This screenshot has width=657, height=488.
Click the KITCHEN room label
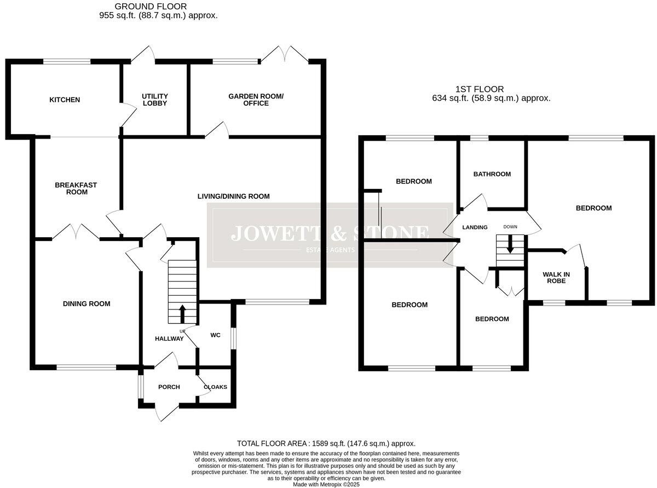click(65, 100)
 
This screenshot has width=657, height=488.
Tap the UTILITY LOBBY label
click(154, 100)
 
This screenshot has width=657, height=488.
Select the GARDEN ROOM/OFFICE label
click(256, 100)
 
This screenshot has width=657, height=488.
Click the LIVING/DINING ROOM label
click(234, 196)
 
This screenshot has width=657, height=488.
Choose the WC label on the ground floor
click(215, 335)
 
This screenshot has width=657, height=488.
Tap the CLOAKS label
click(215, 387)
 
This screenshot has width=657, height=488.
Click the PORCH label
click(169, 387)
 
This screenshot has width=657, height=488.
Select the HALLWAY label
click(169, 338)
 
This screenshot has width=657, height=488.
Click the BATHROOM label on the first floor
click(492, 174)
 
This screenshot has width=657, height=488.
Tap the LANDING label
click(475, 227)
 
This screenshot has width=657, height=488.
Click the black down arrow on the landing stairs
click(510, 245)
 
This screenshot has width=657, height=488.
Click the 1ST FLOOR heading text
click(480, 89)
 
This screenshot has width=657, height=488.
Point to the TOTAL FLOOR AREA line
click(326, 443)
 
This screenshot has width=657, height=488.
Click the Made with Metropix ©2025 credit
click(326, 485)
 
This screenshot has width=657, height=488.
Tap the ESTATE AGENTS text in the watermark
click(330, 250)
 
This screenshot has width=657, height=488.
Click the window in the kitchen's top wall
click(67, 61)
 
